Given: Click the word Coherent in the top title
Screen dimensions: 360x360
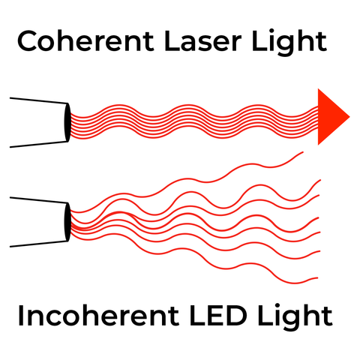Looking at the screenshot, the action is [85, 41].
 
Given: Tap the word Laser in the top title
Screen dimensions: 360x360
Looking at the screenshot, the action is [202, 41].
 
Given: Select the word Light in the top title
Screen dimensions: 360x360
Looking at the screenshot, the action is [289, 43].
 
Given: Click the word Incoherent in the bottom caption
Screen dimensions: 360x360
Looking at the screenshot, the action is [98, 315].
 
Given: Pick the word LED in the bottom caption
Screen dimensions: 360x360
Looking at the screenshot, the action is [218, 315].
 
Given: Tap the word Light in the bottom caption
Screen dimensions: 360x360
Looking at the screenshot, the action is [295, 317].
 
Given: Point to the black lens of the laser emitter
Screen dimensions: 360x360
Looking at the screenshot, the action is [67, 122].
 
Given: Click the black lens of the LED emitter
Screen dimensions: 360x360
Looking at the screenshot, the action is [67, 222].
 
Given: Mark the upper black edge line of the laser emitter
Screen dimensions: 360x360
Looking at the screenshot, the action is [39, 100].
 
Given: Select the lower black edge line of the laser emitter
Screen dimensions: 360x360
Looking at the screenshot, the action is [39, 145].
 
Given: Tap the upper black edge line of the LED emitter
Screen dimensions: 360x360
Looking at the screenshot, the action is [39, 200].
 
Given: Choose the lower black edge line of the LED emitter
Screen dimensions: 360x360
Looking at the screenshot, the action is [39, 244].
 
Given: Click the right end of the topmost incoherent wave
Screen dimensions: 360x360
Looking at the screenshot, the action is [303, 152].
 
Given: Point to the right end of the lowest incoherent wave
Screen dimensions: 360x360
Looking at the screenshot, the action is [317, 277].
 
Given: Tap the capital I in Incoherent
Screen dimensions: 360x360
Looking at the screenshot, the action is [20, 316].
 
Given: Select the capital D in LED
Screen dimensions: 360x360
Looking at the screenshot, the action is [235, 316].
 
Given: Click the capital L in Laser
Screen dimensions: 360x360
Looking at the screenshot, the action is [172, 41].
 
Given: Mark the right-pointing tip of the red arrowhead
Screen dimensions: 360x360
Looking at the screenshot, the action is [349, 116].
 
